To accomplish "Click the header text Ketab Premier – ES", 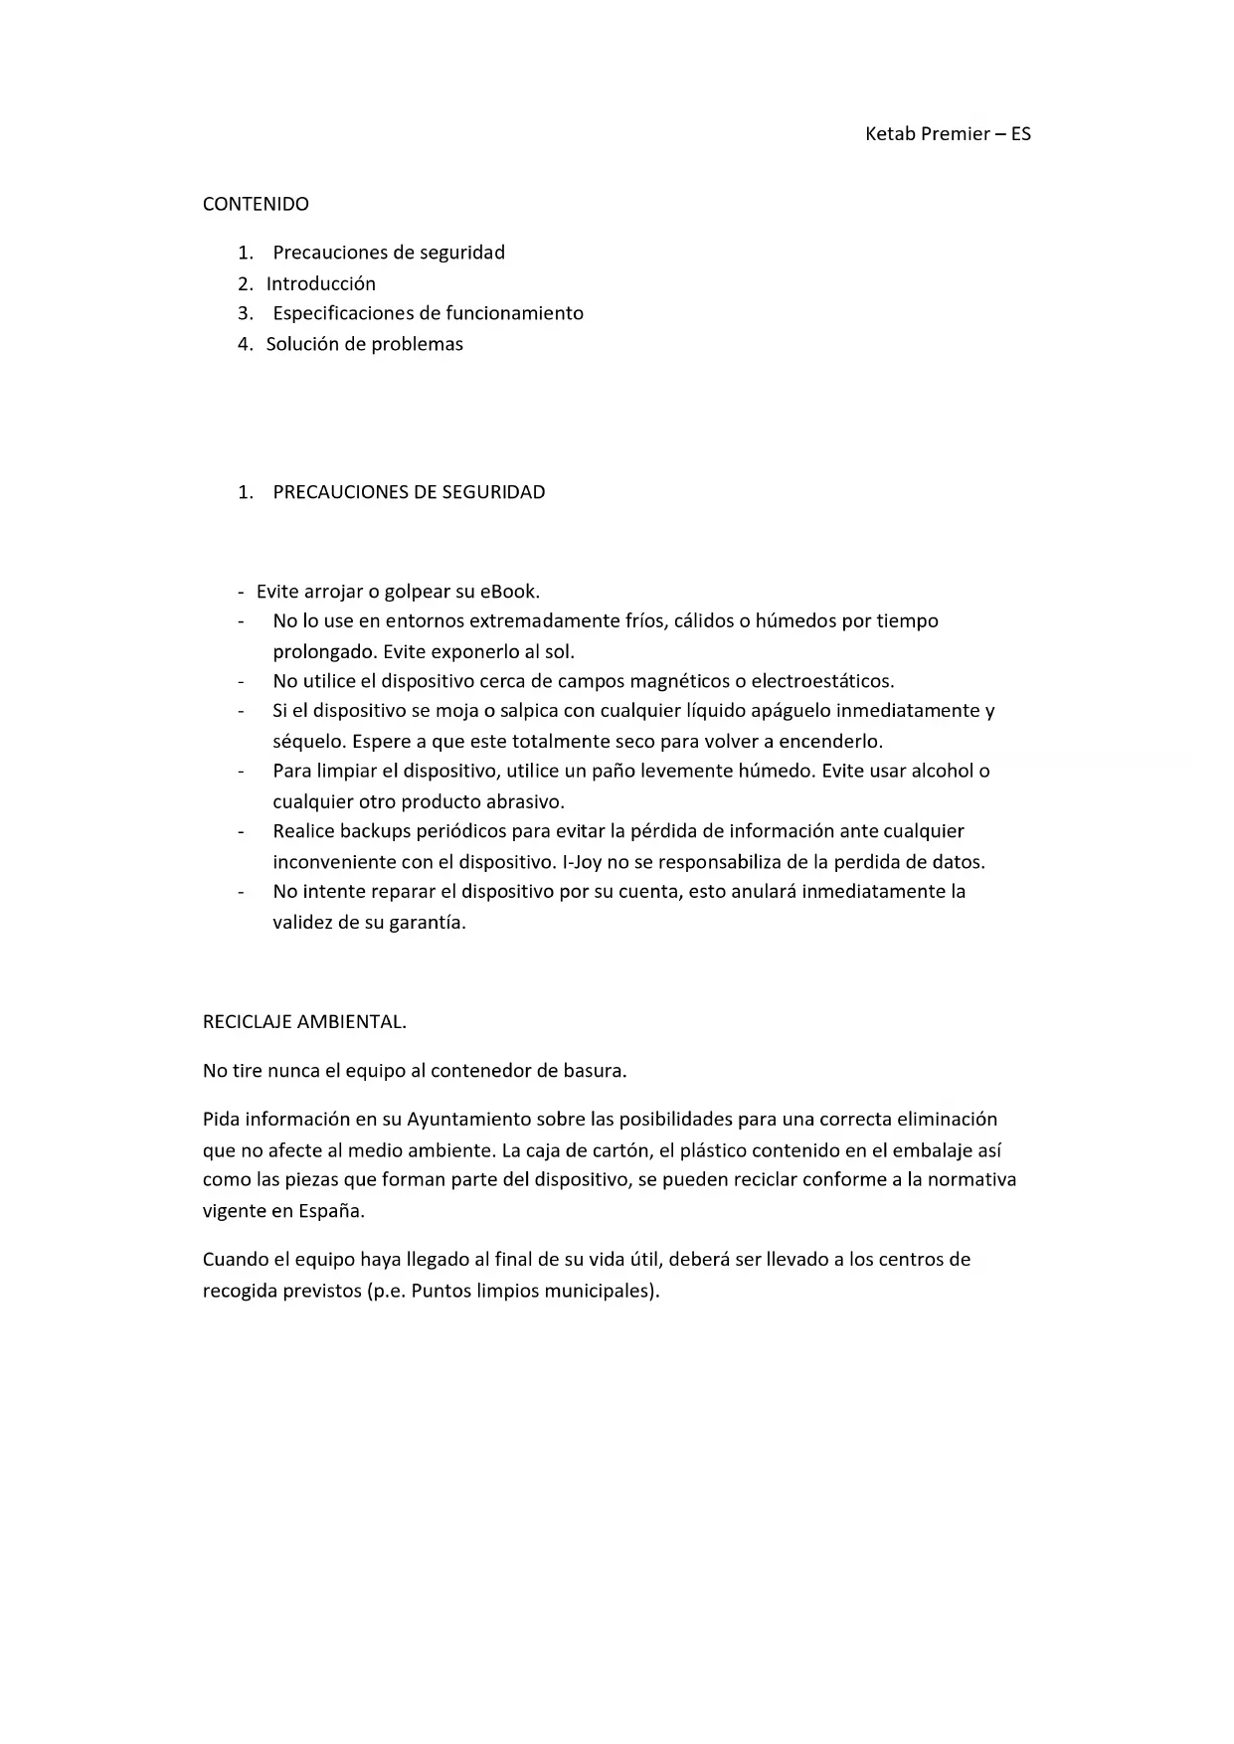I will [948, 134].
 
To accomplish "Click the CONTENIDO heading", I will [256, 204].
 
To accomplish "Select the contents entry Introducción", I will [320, 283].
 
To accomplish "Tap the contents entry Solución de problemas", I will [364, 344].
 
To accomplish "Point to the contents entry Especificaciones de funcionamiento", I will [428, 313].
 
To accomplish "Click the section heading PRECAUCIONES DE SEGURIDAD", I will [409, 492].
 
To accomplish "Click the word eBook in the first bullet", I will [508, 592].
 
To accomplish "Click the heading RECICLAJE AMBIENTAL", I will [304, 1021].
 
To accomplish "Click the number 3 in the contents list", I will [244, 313].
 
